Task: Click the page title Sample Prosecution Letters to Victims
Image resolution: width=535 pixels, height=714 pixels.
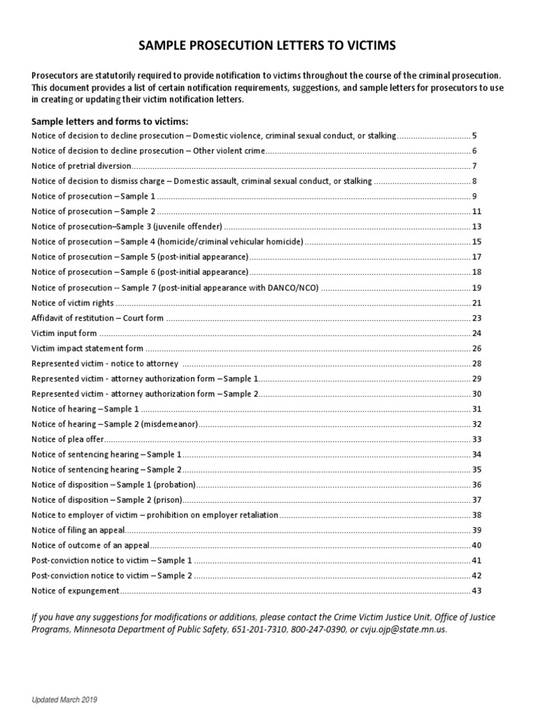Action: tap(267, 46)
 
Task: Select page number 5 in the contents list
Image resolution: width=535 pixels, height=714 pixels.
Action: tap(474, 135)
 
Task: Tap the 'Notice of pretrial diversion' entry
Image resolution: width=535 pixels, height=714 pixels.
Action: tap(82, 166)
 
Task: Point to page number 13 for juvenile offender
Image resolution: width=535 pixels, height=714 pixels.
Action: tap(476, 227)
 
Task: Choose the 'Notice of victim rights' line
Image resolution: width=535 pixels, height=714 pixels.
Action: tap(72, 303)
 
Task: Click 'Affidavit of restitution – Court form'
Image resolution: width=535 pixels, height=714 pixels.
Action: tap(98, 318)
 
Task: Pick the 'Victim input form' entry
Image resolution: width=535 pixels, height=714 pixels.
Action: tap(64, 333)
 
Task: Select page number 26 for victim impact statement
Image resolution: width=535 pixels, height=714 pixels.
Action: tap(476, 348)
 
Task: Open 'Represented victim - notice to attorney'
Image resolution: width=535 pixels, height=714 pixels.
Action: tap(105, 363)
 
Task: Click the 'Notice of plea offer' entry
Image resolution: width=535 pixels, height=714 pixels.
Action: tap(67, 439)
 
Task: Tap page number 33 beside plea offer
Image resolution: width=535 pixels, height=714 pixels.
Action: tap(476, 439)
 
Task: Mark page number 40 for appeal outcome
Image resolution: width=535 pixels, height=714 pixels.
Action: tap(476, 545)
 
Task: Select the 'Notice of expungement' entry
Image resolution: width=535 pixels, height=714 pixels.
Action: tap(75, 591)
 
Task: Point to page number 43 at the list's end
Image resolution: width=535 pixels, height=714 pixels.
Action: tap(476, 591)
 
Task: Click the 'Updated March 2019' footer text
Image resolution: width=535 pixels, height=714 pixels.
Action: tap(61, 699)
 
